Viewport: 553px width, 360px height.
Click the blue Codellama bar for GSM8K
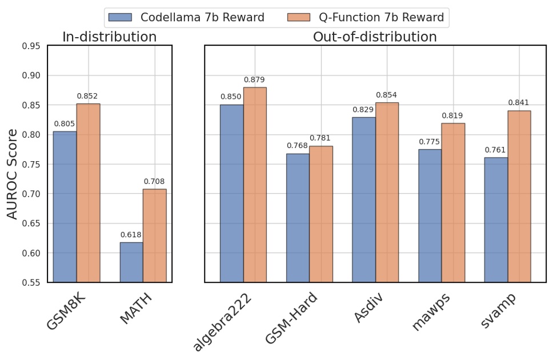(65, 206)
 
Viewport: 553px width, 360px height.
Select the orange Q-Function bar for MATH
(154, 235)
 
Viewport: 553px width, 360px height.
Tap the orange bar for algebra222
(255, 185)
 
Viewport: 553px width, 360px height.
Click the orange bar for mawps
(453, 202)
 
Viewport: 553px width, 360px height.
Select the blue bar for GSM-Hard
(298, 218)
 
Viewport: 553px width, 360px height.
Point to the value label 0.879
(255, 80)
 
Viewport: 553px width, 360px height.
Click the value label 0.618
(131, 235)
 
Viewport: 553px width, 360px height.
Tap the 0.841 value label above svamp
(519, 103)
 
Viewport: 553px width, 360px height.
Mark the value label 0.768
(298, 146)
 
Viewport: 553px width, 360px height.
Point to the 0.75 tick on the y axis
(31, 165)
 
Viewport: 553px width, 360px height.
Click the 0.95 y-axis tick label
(31, 46)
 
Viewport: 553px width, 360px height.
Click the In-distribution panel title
(109, 37)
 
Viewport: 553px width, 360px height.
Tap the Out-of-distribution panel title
(375, 37)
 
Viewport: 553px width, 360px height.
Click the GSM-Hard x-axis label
(291, 318)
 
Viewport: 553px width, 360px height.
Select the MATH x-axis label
(137, 309)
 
